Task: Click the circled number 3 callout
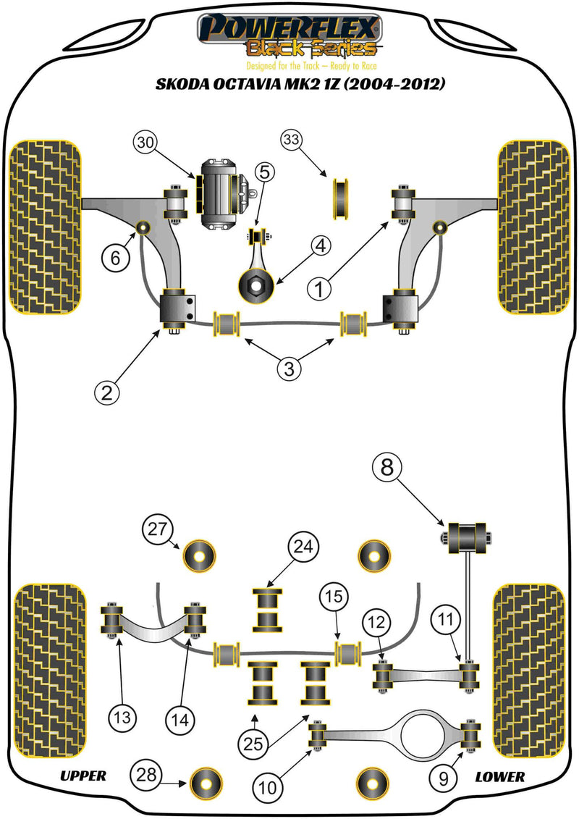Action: pyautogui.click(x=289, y=369)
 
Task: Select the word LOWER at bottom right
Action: pyautogui.click(x=499, y=776)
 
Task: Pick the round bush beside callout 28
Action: pyautogui.click(x=203, y=781)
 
